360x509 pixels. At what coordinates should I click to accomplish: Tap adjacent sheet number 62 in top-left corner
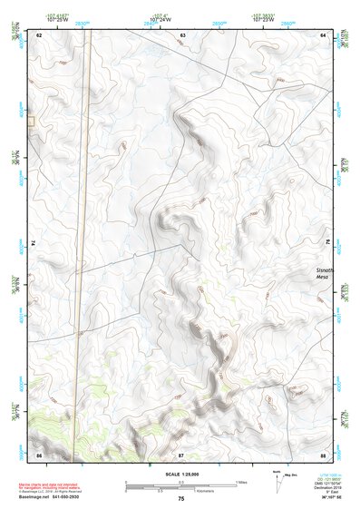[38, 34]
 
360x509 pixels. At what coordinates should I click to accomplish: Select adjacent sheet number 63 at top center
[182, 34]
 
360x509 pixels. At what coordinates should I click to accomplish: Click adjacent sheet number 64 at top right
[324, 34]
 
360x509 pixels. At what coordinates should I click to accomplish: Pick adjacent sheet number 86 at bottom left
[38, 454]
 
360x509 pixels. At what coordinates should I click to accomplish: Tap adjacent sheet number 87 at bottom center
[181, 454]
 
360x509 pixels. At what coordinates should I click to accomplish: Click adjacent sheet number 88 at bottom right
[324, 454]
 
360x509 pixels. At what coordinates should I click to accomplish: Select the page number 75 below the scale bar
[181, 499]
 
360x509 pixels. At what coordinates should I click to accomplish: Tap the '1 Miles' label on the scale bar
[241, 482]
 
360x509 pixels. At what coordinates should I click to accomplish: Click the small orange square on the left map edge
[30, 121]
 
